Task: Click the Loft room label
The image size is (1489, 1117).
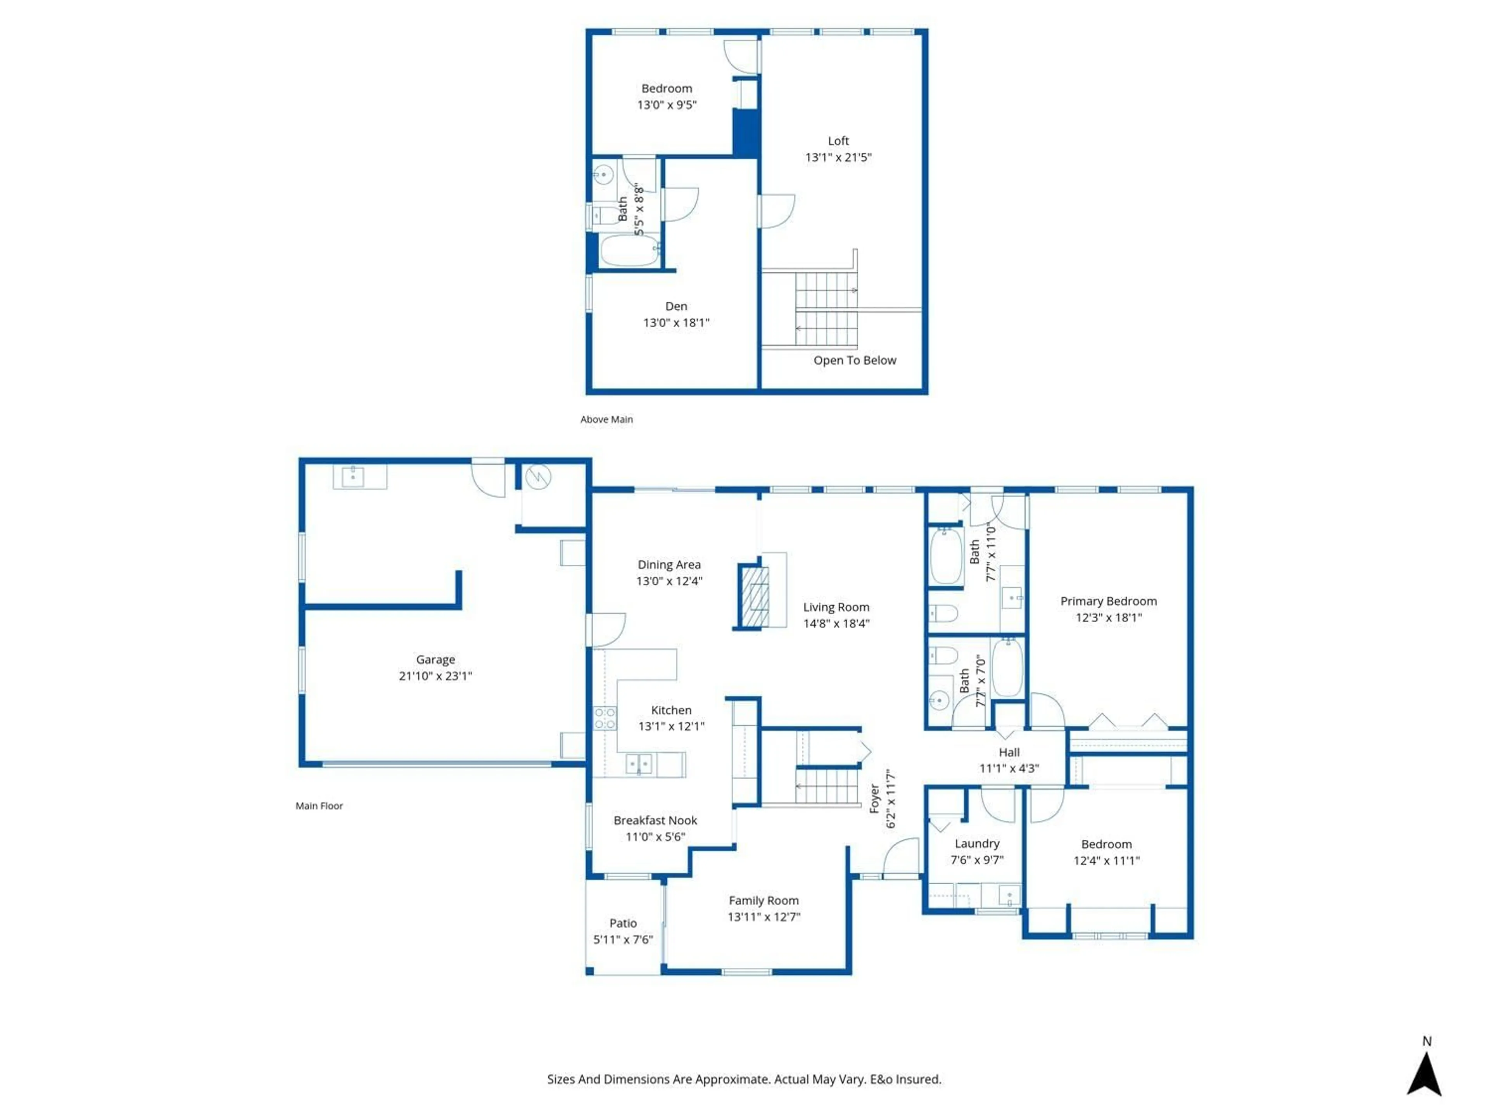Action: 838,141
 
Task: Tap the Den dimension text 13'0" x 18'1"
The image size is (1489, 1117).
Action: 676,323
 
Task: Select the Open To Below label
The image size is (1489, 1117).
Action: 854,360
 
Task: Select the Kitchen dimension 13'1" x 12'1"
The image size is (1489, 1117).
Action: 671,726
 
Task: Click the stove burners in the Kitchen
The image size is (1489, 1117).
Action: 605,718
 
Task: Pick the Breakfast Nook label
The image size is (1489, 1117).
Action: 655,820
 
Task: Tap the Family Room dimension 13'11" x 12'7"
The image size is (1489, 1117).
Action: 764,916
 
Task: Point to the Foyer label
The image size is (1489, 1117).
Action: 874,799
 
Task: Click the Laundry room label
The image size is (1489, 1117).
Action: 977,844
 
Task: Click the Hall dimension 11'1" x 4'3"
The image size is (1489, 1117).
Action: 1009,768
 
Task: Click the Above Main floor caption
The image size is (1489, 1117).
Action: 606,420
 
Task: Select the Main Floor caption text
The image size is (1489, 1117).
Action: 319,806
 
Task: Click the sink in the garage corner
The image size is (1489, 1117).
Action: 353,477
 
